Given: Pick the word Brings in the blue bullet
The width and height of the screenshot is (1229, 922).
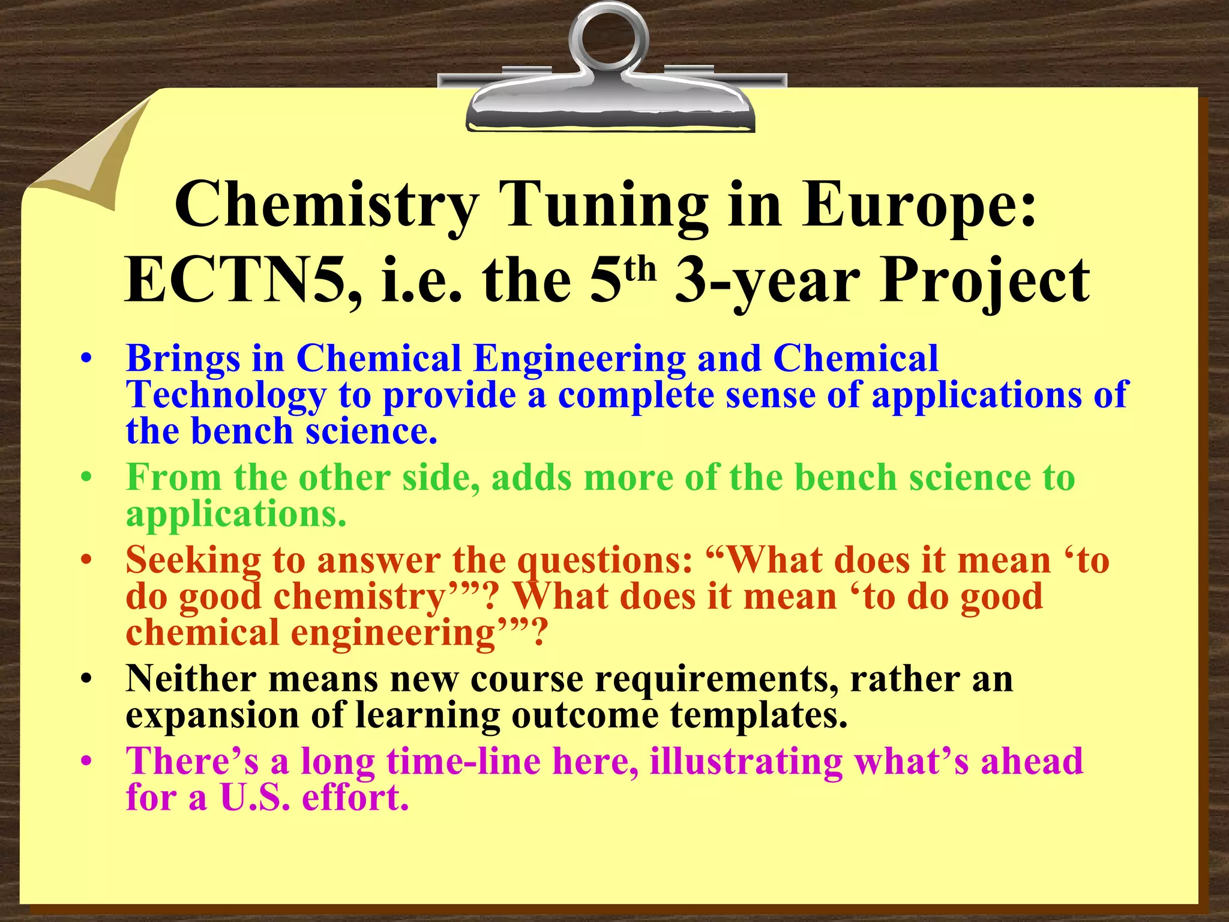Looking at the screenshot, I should [183, 359].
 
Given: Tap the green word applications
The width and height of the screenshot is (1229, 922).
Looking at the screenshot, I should [236, 515].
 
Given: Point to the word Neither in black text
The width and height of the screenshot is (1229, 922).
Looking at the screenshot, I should [191, 679].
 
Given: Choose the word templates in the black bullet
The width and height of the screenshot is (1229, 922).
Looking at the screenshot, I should [759, 716].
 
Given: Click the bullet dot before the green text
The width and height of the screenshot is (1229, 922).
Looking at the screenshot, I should [87, 479].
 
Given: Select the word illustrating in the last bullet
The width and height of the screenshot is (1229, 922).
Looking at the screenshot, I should [747, 761].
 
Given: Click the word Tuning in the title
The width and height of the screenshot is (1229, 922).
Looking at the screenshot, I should [606, 206].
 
